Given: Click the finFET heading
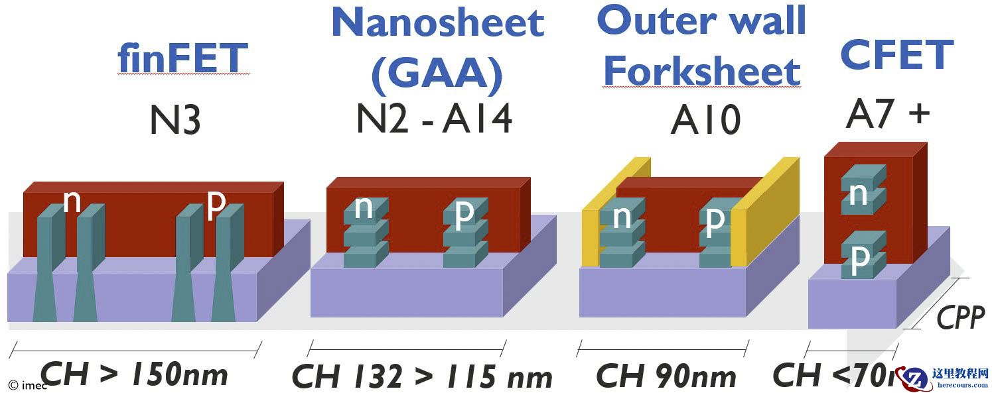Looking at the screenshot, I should [182, 58].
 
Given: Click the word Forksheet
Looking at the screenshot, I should [702, 72].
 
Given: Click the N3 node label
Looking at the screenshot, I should [175, 121].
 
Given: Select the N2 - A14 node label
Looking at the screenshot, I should [435, 119].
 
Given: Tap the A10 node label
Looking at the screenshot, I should [705, 121].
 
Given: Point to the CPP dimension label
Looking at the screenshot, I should [960, 319].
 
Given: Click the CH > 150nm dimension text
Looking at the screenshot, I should [135, 375].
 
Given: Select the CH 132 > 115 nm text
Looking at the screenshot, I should [422, 377].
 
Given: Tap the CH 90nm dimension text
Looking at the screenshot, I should [666, 376].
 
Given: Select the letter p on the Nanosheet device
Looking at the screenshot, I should [464, 212].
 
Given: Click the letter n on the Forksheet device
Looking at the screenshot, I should [621, 218].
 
